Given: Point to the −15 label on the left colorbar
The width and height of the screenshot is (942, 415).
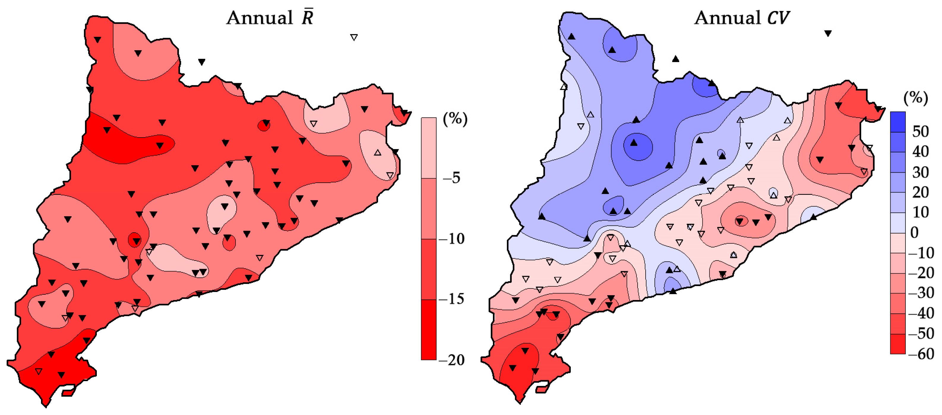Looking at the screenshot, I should tap(451, 299).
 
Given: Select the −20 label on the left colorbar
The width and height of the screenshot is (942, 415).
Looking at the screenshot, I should tap(451, 360).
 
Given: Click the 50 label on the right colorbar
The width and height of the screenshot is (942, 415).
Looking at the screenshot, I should tap(920, 132).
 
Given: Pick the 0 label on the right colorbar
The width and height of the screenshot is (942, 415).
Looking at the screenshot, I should tap(914, 233).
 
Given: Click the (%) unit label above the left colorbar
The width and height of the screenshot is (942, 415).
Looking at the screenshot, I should tap(455, 119).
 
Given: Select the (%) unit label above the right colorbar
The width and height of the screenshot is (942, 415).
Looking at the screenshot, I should tap(916, 98).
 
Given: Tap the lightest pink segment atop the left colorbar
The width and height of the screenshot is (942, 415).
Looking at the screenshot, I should tap(429, 148).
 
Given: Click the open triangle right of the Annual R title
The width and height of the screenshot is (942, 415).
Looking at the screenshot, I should tap(354, 37).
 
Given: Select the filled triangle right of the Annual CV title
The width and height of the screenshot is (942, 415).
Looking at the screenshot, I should tap(828, 34).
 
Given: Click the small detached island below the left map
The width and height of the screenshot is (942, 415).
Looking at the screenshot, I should tap(68, 392).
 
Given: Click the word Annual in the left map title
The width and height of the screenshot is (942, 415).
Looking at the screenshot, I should tap(260, 18).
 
